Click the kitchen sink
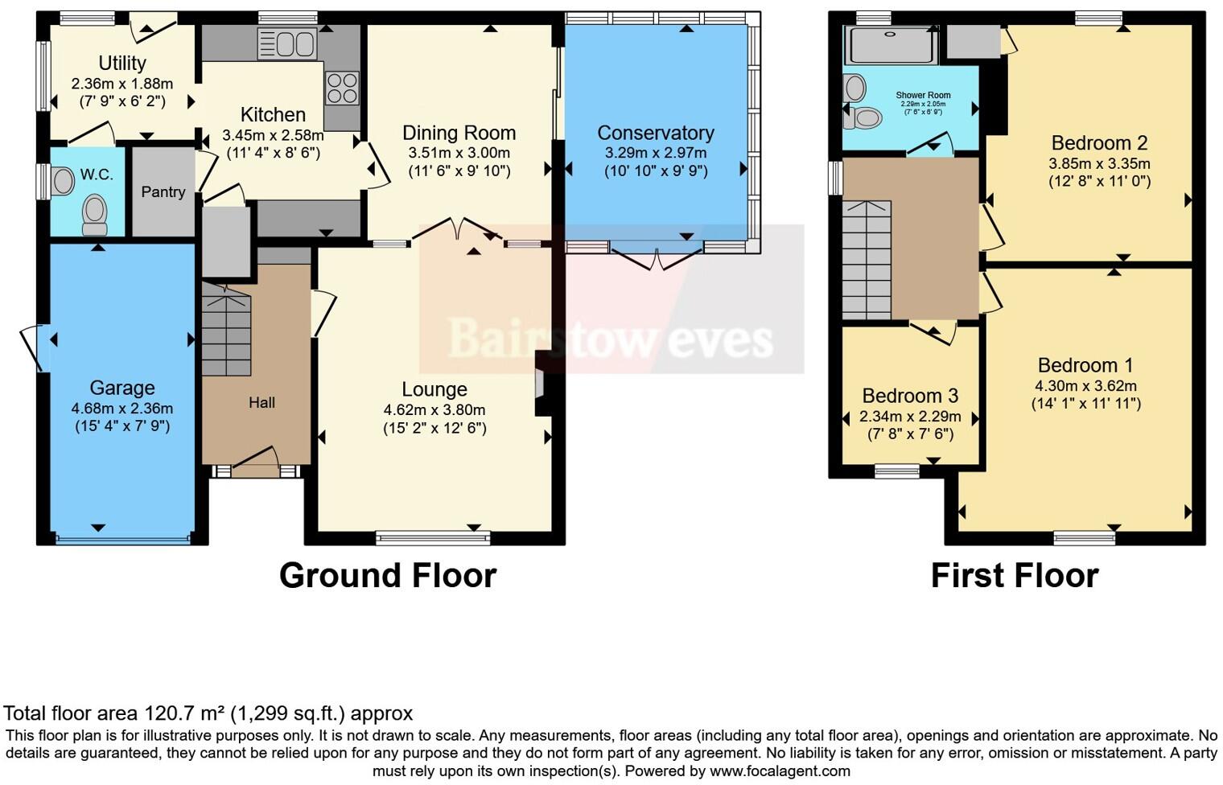(x=286, y=43)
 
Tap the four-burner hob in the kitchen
(x=342, y=88)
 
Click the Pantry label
(x=163, y=192)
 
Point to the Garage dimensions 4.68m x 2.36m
(x=122, y=409)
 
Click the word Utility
(x=122, y=63)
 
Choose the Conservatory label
(x=656, y=133)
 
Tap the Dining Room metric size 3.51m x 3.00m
(x=459, y=153)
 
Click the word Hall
(x=261, y=403)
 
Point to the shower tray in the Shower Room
(x=891, y=46)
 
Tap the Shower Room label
(x=923, y=95)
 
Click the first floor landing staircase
(x=867, y=259)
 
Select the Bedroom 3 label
(x=910, y=396)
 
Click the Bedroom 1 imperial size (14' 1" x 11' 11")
(x=1085, y=404)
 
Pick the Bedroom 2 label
(x=1099, y=143)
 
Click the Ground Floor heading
(x=388, y=576)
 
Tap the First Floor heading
(x=1014, y=576)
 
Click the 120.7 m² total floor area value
(x=185, y=713)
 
